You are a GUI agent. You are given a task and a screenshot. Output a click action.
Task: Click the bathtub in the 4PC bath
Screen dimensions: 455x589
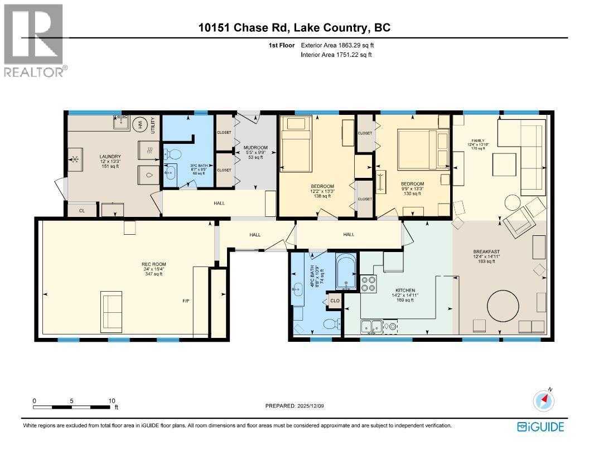click(346, 273)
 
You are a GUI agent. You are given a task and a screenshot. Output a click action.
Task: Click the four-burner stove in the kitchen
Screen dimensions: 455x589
click(368, 284)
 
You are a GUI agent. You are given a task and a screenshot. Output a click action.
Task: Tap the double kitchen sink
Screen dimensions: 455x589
click(371, 326)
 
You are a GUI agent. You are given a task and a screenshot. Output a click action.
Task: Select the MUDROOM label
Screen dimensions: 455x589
click(257, 148)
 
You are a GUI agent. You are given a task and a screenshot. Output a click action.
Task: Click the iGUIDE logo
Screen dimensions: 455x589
click(540, 427)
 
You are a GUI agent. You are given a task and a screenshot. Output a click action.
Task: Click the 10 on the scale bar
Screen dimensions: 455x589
click(112, 400)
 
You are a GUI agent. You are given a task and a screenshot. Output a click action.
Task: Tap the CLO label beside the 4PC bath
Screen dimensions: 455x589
click(335, 301)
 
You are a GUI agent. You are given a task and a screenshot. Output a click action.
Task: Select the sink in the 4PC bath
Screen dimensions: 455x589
click(296, 288)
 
